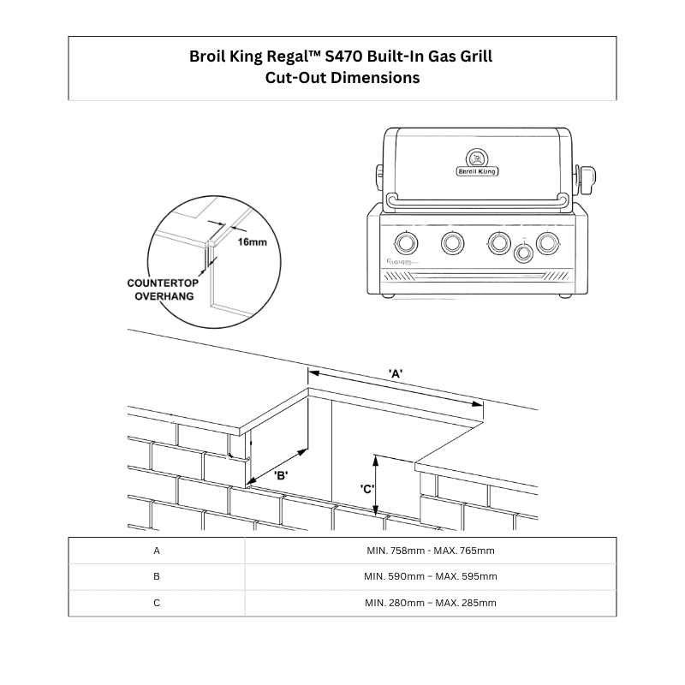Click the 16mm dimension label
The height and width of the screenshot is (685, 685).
coord(253,242)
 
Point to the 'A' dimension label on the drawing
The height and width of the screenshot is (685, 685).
coord(396,373)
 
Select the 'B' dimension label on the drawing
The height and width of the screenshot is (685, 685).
coord(280,474)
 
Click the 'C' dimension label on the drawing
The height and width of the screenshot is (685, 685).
coord(367,489)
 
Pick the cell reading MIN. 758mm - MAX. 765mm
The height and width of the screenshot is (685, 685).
coord(430,551)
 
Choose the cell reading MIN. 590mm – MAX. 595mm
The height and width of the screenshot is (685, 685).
coord(430,576)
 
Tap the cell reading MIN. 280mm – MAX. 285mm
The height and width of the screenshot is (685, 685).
coord(430,603)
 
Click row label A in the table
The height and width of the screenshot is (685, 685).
coord(157,551)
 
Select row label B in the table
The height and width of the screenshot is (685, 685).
coord(157,576)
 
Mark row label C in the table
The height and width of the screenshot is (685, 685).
coord(157,603)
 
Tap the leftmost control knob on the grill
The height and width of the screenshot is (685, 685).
coord(406,242)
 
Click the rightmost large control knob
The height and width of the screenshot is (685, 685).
coord(546,242)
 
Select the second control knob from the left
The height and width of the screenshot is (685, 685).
coord(452,242)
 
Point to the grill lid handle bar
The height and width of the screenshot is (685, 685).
coord(478,200)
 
